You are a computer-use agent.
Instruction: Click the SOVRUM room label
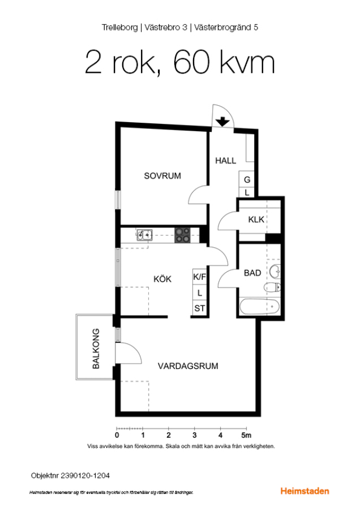162,176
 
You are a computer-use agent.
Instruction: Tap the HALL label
225,161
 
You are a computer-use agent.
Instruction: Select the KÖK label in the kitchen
162,279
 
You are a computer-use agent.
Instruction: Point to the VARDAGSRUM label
188,366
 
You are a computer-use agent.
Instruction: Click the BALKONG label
96,348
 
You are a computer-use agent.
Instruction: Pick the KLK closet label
256,220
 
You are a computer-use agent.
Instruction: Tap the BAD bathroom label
252,273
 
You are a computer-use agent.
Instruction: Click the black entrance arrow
222,122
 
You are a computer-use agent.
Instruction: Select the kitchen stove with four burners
183,235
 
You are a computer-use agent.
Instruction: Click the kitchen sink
144,234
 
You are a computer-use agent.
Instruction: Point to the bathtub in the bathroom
259,307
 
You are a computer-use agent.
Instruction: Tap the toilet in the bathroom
272,287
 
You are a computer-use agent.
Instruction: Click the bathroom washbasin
275,271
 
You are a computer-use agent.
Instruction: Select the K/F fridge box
199,277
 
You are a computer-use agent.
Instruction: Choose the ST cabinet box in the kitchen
199,308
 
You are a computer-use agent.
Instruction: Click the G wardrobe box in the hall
247,179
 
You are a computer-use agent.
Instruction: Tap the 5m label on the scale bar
246,435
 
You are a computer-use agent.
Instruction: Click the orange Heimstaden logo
305,491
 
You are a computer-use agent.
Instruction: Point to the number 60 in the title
191,62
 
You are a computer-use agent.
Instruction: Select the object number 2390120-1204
85,476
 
